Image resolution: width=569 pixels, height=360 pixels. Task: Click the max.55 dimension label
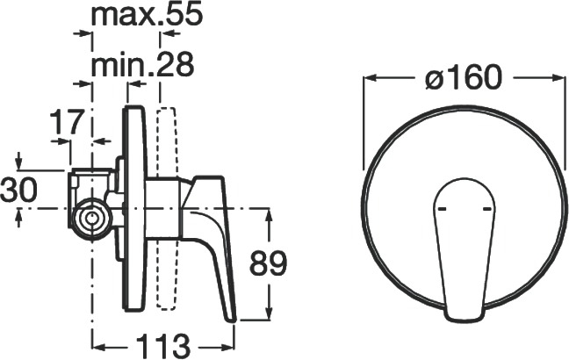click(147, 15)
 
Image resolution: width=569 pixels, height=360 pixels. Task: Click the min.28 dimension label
click(142, 65)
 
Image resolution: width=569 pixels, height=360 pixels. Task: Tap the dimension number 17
click(67, 122)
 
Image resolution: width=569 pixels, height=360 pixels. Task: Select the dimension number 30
click(18, 190)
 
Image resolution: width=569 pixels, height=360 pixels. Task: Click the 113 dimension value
click(163, 346)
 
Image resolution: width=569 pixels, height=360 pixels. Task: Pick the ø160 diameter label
click(464, 77)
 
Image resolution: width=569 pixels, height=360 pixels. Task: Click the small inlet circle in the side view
click(90, 219)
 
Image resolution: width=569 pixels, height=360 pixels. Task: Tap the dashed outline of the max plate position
click(167, 208)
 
